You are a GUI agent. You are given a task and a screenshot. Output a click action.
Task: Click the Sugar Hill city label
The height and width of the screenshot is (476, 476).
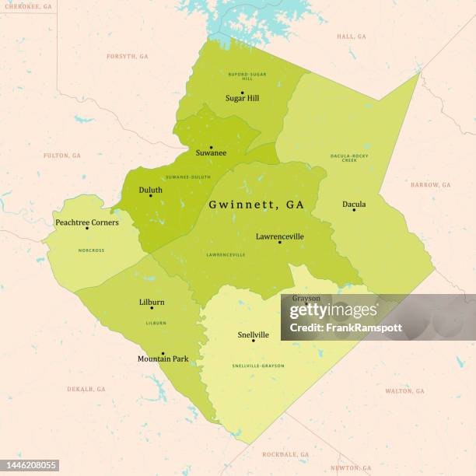coord(242,99)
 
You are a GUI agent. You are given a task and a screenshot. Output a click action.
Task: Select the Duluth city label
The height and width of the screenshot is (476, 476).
coord(150,190)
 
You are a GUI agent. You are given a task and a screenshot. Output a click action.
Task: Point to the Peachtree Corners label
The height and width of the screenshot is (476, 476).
coord(87,222)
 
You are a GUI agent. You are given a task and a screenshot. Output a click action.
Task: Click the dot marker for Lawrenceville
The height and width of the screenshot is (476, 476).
coord(280,243)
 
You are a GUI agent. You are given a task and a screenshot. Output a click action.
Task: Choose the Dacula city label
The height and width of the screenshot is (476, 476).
coord(354,205)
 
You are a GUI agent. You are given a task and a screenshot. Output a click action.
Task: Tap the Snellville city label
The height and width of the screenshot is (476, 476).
coord(254,335)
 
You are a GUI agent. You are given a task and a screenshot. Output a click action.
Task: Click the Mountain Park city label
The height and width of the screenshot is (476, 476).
coord(163,359)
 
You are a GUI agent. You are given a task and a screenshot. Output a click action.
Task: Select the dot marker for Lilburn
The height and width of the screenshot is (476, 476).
coord(152,308)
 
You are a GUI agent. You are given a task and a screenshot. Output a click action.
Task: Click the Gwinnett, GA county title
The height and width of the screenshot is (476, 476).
coord(256,205)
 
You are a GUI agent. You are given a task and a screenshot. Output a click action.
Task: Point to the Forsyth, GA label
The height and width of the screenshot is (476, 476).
coord(127,57)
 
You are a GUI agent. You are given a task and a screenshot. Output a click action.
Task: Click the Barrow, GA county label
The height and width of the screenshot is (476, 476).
coord(431,185)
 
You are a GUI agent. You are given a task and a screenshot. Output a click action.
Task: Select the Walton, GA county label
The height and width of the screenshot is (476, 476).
coord(404,390)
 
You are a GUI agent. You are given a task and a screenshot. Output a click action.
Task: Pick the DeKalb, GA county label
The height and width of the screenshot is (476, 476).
coord(86,388)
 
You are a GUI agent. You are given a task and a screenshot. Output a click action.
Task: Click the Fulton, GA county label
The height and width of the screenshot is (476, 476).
coord(61,156)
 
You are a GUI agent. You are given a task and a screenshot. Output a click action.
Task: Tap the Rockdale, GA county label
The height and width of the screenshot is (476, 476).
coord(285,453)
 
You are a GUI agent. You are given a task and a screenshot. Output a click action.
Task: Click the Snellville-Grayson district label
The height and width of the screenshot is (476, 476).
coord(258,366)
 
